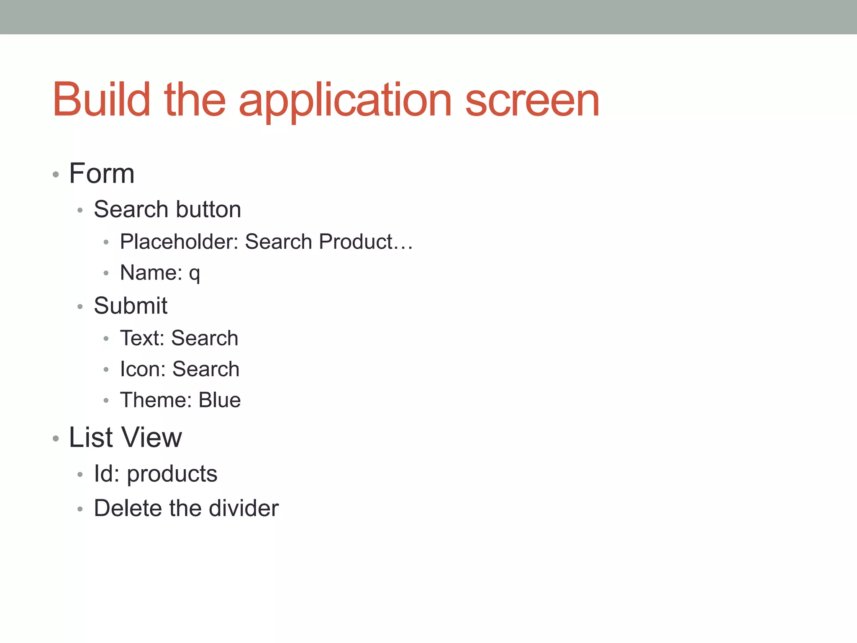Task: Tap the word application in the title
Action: [345, 100]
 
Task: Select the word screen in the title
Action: [532, 100]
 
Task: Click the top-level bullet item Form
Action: [102, 173]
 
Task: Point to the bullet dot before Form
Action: [56, 174]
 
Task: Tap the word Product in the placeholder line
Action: [356, 242]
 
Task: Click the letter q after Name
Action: [194, 274]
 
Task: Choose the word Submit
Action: [131, 306]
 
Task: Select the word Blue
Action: [220, 400]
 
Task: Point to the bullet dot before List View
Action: [56, 439]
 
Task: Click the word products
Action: [172, 474]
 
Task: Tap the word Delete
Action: [128, 508]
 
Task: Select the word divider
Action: [244, 508]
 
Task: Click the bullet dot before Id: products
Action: [80, 475]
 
